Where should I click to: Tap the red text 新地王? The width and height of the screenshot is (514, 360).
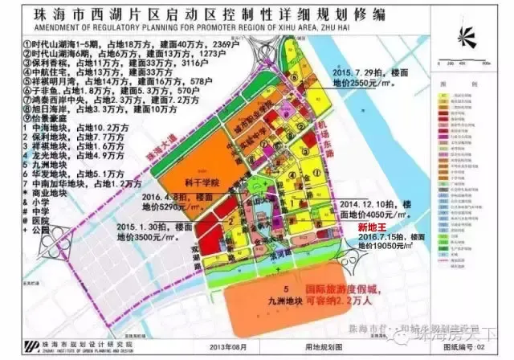point(373,228)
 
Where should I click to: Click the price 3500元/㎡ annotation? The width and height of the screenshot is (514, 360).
point(143,237)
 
